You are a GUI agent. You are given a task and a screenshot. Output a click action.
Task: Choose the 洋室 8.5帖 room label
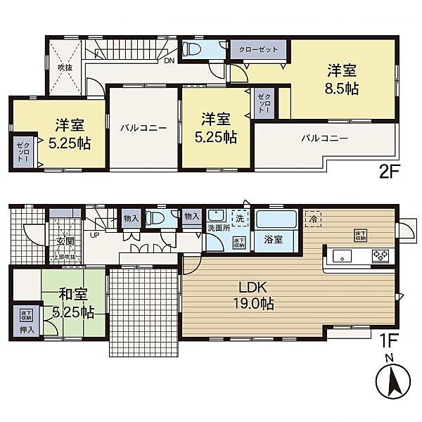(341, 79)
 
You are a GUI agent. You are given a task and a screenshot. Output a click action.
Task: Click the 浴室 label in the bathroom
(274, 240)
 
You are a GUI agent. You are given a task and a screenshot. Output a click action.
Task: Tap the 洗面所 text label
(217, 229)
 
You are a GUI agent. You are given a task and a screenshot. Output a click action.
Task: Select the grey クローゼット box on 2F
(257, 50)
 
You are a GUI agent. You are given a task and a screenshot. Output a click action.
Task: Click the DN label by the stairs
(170, 61)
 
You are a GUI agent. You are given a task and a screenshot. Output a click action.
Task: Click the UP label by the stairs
(94, 235)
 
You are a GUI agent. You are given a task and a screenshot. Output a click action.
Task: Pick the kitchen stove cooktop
(381, 255)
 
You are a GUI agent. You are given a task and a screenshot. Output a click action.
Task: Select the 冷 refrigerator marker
(312, 218)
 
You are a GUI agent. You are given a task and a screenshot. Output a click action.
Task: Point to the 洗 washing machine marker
(241, 218)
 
